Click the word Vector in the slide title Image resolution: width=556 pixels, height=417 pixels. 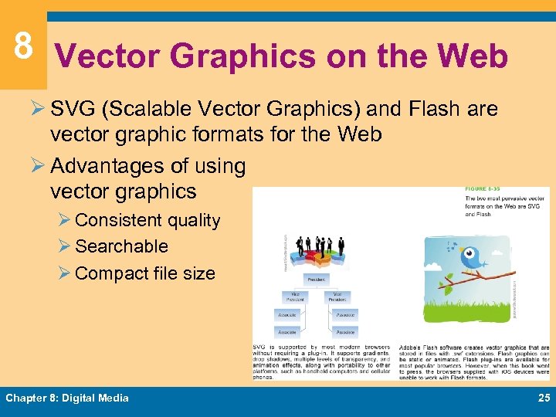(108, 57)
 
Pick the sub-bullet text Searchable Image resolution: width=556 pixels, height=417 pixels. (122, 246)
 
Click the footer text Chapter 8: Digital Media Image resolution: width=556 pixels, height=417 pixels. (67, 398)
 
